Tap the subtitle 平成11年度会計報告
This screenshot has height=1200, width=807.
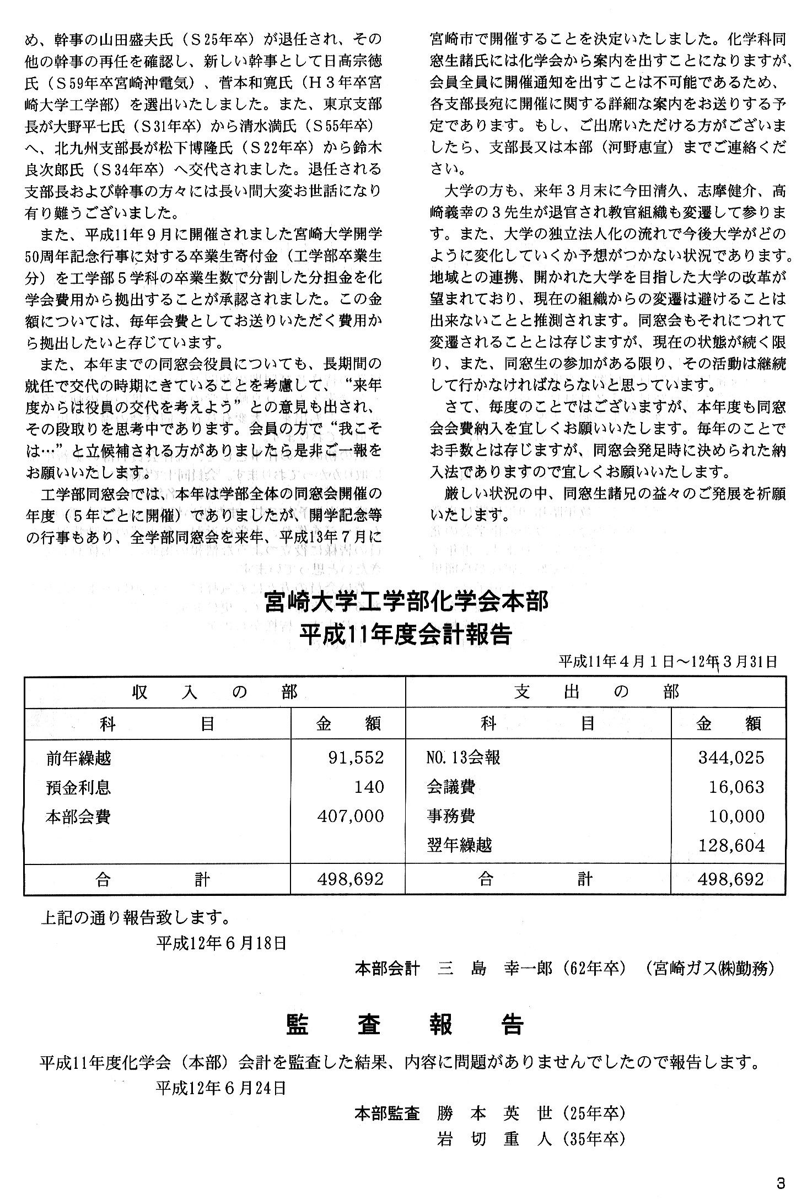[405, 634]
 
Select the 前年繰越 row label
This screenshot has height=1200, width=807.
[79, 758]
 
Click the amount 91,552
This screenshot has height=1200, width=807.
[356, 758]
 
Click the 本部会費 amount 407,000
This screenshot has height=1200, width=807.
[350, 816]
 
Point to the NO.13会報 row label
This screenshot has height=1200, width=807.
[463, 758]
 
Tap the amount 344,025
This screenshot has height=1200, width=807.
[731, 758]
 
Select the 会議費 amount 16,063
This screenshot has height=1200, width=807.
[736, 787]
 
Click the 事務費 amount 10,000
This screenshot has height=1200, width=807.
[736, 816]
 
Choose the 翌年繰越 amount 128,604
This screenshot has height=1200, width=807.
[731, 845]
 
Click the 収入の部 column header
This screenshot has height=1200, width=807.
[214, 692]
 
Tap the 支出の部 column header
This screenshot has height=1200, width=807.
[596, 692]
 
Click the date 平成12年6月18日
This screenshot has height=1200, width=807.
[222, 943]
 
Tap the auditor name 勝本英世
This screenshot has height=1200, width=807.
[494, 1113]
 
